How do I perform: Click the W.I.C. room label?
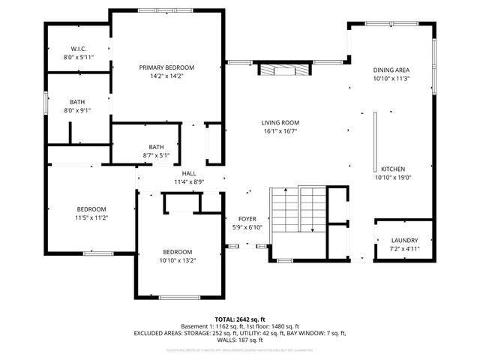[x=78, y=49]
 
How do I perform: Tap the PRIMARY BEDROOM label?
[x=166, y=67]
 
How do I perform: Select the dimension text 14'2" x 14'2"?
[x=166, y=76]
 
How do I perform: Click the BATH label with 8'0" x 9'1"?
[x=78, y=102]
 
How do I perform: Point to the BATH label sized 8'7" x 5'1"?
[x=156, y=147]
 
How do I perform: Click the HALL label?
[x=189, y=173]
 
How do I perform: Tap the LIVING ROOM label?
[x=280, y=123]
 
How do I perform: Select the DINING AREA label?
[x=391, y=70]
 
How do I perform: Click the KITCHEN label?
[x=393, y=169]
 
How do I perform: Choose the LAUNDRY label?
[x=383, y=240]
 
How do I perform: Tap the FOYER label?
[x=247, y=219]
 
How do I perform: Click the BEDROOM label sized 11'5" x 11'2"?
[x=91, y=209]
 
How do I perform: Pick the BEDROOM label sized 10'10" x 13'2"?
[x=178, y=252]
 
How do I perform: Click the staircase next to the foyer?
[x=298, y=210]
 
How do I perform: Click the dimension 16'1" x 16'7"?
[x=280, y=131]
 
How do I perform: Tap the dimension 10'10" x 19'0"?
[x=393, y=178]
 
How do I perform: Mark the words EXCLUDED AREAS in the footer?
[x=157, y=332]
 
